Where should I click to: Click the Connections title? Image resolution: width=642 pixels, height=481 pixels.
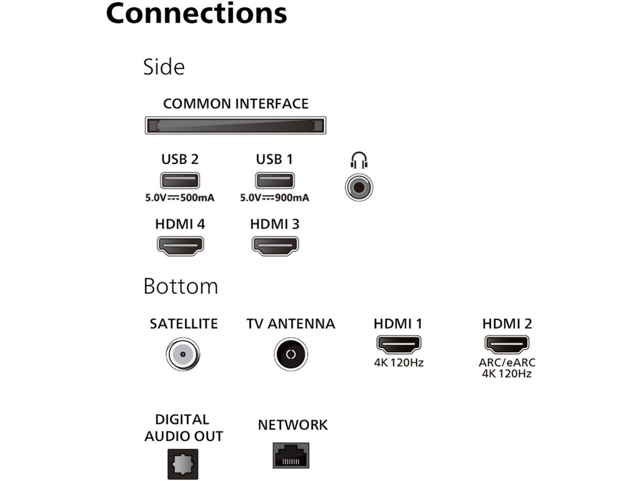click(x=196, y=13)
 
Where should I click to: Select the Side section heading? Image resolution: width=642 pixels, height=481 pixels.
click(x=164, y=67)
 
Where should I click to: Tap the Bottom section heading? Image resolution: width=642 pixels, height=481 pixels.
click(x=180, y=287)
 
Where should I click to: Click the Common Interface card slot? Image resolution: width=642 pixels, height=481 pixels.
click(x=236, y=126)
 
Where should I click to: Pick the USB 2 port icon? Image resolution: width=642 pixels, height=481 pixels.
click(x=180, y=181)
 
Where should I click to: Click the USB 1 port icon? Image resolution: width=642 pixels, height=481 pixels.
click(x=274, y=181)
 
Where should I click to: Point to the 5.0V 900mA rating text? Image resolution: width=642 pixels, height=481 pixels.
click(x=274, y=198)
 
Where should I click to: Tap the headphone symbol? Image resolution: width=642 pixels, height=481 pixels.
click(x=358, y=161)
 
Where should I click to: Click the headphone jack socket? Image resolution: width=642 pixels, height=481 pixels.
click(x=358, y=188)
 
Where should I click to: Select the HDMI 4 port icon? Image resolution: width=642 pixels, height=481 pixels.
click(x=180, y=245)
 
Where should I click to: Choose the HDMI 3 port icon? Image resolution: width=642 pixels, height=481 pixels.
click(x=274, y=245)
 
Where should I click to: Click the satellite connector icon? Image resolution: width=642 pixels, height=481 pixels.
click(x=183, y=354)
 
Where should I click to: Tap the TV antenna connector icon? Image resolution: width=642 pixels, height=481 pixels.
click(x=291, y=354)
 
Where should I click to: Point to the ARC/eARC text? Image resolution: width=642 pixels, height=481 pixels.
click(x=507, y=363)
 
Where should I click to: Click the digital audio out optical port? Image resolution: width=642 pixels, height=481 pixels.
click(x=183, y=463)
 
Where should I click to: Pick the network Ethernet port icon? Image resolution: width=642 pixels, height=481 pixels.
click(x=292, y=455)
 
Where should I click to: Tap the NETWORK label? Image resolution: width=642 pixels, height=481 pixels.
click(x=293, y=425)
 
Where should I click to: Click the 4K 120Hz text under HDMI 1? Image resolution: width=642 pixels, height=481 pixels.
click(x=399, y=363)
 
